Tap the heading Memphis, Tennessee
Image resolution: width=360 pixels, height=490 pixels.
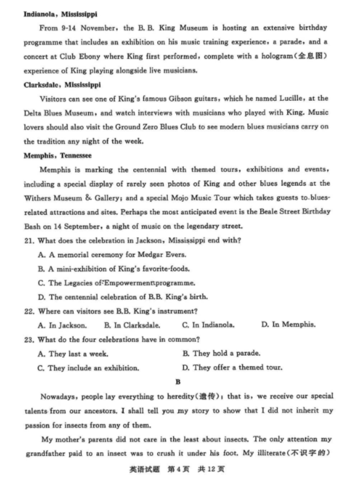tap(58, 156)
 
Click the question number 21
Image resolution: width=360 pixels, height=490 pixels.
tap(29, 240)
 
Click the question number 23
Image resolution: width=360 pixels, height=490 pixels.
tap(29, 339)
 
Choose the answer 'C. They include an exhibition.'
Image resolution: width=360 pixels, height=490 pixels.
tap(89, 367)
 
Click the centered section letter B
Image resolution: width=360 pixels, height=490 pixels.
tap(178, 382)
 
